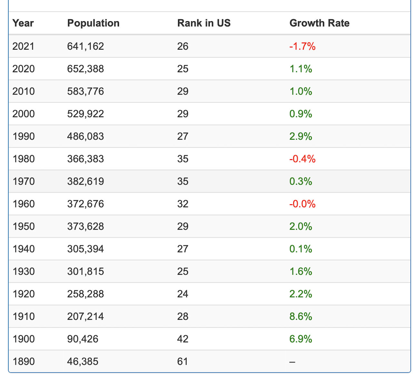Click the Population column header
(x=93, y=23)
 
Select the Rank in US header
(x=204, y=23)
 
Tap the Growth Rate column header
(x=319, y=23)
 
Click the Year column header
(x=23, y=23)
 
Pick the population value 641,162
(x=85, y=46)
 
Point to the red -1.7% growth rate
(x=302, y=46)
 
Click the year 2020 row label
(x=24, y=69)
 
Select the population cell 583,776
(x=85, y=92)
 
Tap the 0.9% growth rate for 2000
(x=301, y=114)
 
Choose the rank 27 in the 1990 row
(x=183, y=137)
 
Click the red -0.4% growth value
(x=302, y=159)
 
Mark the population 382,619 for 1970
(x=85, y=181)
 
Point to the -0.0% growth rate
(x=302, y=204)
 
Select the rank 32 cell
(x=183, y=204)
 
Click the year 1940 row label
(x=24, y=249)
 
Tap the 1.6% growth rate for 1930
(x=301, y=271)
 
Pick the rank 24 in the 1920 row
(x=183, y=294)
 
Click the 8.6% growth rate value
(x=301, y=317)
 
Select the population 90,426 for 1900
(x=83, y=339)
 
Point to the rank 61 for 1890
(x=183, y=362)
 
